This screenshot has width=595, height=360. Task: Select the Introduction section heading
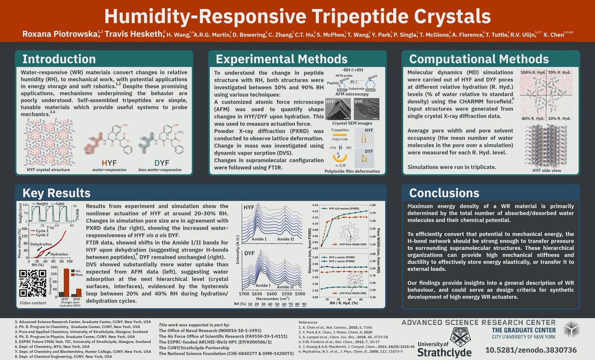tap(61, 59)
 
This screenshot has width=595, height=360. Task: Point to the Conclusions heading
tap(444, 193)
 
